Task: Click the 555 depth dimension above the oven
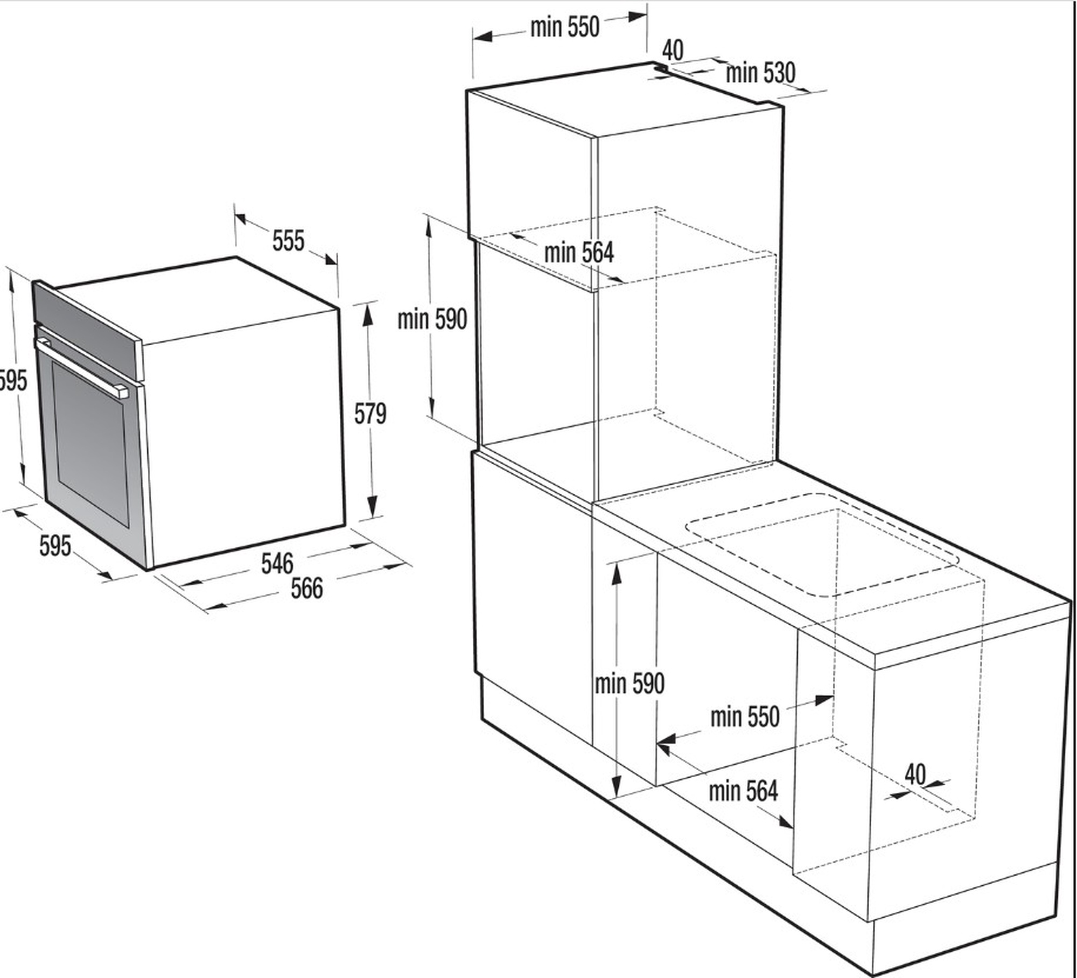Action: (288, 241)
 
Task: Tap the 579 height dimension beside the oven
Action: (370, 414)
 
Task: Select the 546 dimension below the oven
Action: (277, 563)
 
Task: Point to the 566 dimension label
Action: (307, 588)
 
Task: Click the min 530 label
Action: (760, 73)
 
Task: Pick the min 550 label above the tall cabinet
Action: (564, 27)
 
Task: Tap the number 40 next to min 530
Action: (673, 51)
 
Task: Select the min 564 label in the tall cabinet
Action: (579, 252)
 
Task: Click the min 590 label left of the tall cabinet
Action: (432, 319)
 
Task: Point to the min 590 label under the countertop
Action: (630, 683)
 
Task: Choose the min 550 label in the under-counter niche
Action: (745, 717)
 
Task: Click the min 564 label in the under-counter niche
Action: (743, 791)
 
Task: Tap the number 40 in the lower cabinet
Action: (915, 774)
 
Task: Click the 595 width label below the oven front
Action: (55, 546)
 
